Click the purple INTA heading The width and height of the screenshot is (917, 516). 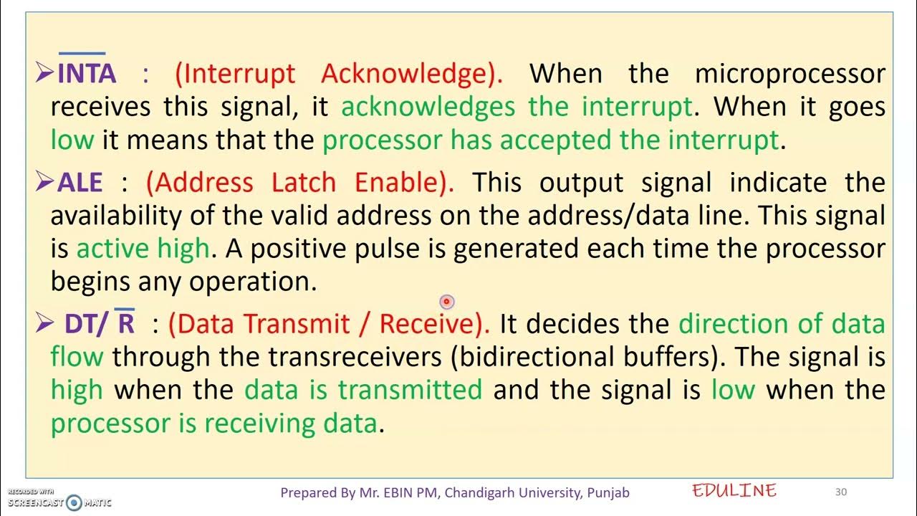[x=86, y=74]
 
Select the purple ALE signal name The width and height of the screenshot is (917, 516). [x=80, y=183]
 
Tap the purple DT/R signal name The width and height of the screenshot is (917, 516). [x=100, y=324]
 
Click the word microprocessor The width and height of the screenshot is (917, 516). [x=790, y=74]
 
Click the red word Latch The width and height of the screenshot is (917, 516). [x=304, y=183]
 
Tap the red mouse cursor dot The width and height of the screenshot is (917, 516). [x=446, y=302]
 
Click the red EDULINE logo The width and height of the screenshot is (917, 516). [x=734, y=491]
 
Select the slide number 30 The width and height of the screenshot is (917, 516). [x=841, y=492]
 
